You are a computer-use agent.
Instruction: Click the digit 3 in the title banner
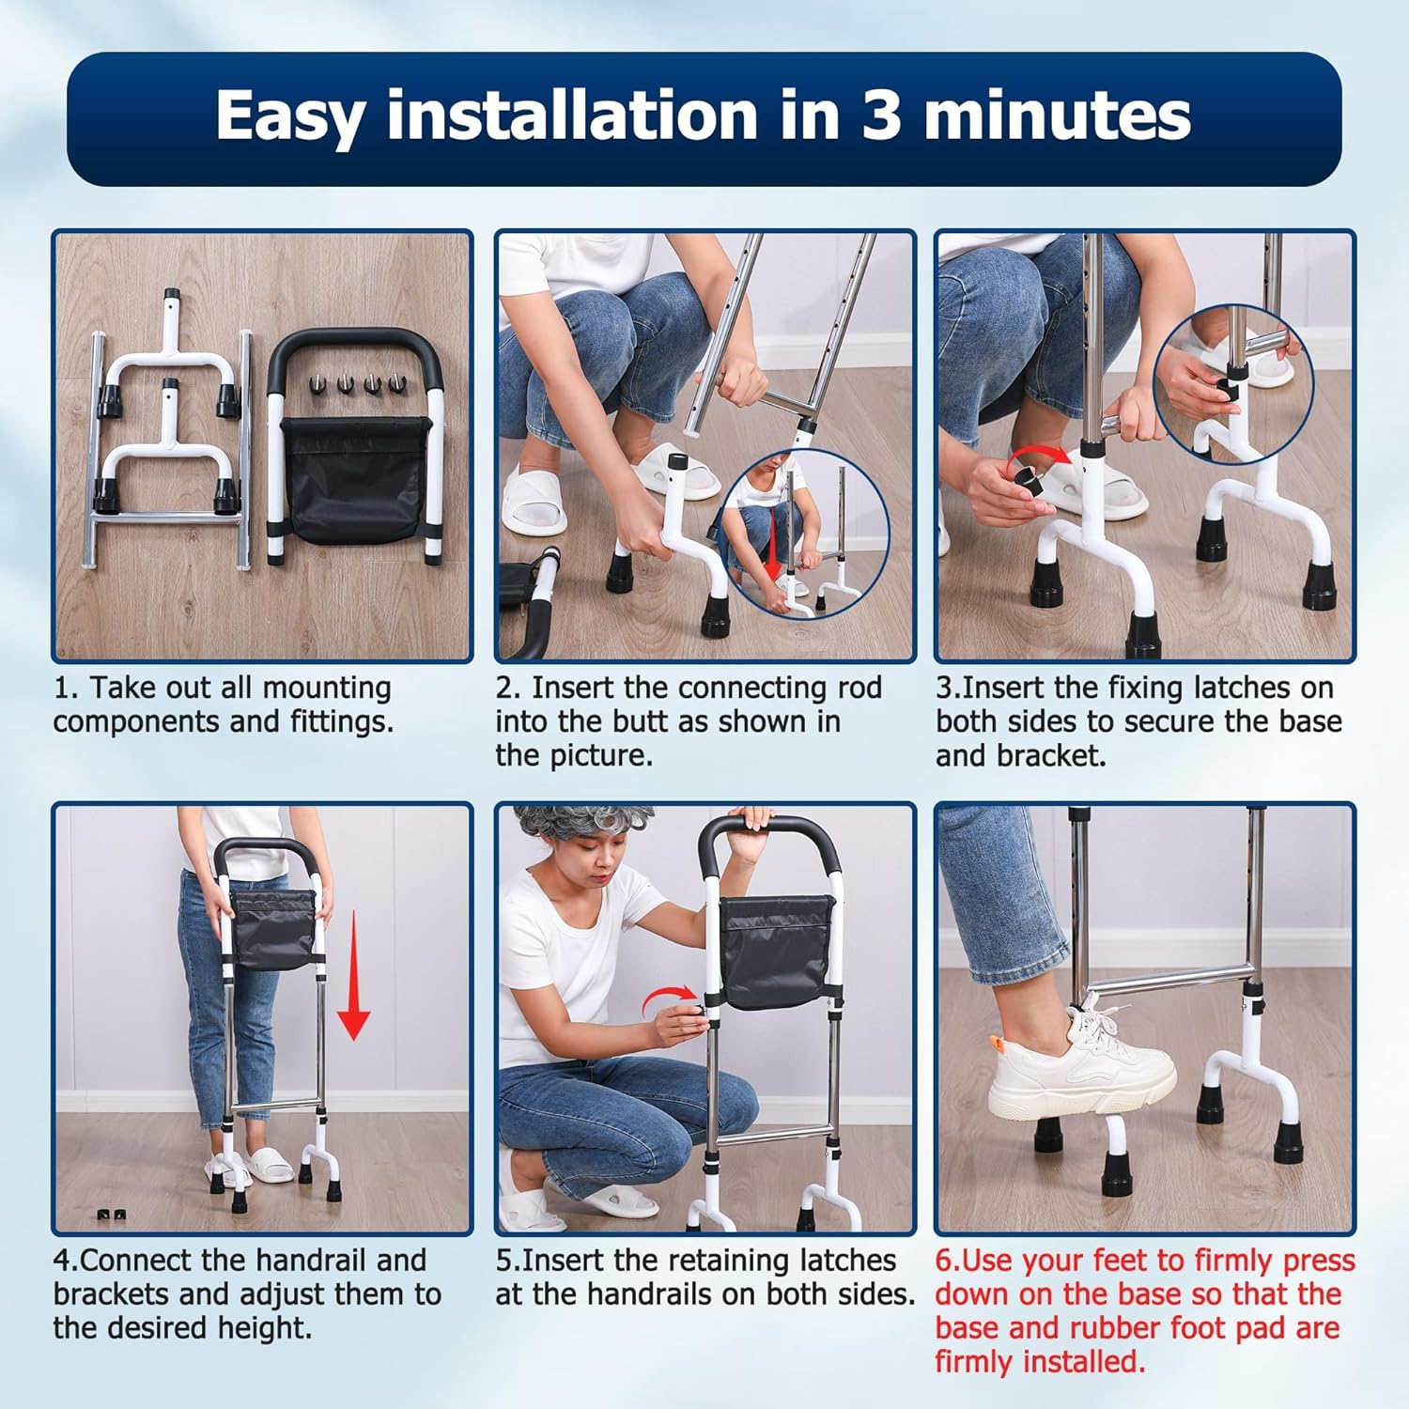pos(881,116)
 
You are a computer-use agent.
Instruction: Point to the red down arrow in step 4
pos(353,977)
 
